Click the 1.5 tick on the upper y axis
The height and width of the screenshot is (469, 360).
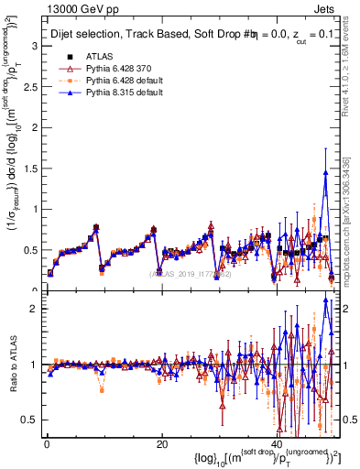[x=29, y=168]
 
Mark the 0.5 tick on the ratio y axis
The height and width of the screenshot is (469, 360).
[x=29, y=420]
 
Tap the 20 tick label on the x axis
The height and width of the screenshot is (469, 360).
[x=161, y=444]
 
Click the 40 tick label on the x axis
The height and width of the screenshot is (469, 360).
[x=277, y=444]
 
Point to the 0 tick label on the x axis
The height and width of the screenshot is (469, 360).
[x=46, y=444]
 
